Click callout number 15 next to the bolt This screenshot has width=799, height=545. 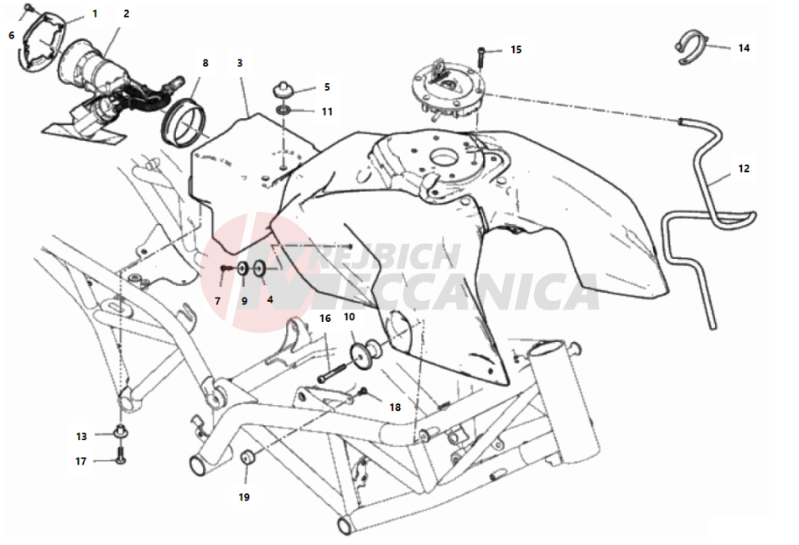click(x=516, y=49)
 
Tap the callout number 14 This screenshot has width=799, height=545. click(x=744, y=48)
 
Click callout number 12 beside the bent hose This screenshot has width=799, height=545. click(x=744, y=169)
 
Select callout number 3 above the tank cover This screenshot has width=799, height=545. click(x=240, y=63)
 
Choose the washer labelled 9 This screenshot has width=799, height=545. click(x=243, y=268)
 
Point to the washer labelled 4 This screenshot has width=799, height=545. click(x=259, y=267)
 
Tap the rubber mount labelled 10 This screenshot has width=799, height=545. click(x=365, y=353)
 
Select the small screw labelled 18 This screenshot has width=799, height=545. click(x=363, y=392)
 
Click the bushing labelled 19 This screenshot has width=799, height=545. click(x=248, y=456)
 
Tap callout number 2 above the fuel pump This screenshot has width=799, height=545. click(x=127, y=14)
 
